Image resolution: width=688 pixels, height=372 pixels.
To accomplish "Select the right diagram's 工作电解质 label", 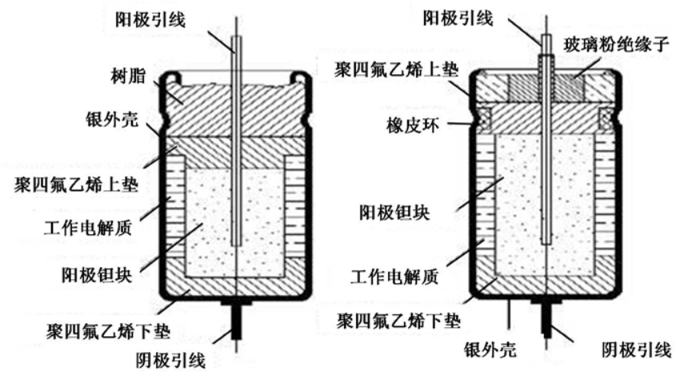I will (x=394, y=278).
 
